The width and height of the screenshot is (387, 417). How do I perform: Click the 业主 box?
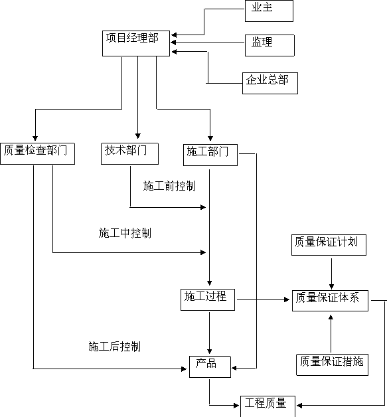269,11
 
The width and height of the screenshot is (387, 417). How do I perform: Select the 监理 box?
270,45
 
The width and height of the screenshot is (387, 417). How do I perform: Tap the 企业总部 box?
270,83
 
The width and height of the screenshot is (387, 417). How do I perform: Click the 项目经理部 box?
136,43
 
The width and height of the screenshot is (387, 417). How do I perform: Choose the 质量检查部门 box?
37,153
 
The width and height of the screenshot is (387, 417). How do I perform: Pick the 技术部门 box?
129,153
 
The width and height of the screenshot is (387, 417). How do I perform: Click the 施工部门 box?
210,155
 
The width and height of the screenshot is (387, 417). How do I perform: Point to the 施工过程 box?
208,299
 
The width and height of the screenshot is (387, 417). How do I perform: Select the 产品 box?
210,367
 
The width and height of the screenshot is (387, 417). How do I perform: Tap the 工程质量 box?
268,406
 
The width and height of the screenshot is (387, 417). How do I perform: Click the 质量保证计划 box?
329,245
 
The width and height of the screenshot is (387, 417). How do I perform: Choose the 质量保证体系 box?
330,301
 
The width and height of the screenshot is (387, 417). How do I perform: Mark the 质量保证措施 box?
333,365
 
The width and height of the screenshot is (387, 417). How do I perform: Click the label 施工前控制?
169,186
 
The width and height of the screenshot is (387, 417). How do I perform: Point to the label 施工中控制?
125,233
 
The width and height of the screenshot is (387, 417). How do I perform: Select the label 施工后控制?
115,347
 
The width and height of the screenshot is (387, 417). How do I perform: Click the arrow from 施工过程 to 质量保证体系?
263,299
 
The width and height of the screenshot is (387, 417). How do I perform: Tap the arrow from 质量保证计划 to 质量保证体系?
331,274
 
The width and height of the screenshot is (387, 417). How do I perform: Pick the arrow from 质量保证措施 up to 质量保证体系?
331,333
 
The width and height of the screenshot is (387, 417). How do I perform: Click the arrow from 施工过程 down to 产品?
210,333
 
